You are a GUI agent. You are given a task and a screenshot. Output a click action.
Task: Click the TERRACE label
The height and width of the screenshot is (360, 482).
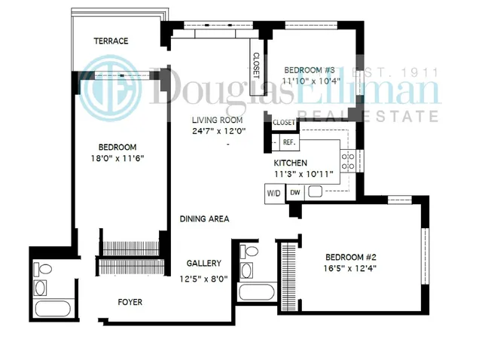click(x=111, y=41)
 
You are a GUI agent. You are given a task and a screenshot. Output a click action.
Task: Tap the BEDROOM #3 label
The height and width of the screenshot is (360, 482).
click(x=307, y=69)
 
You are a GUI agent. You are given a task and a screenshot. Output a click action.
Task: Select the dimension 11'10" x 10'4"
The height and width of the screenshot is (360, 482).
click(x=307, y=80)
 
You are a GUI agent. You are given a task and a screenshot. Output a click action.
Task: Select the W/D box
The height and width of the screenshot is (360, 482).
click(x=273, y=193)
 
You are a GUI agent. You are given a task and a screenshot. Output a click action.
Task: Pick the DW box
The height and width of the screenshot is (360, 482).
click(x=295, y=193)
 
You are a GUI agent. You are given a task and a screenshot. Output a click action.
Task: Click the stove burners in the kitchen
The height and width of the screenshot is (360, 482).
click(x=349, y=160)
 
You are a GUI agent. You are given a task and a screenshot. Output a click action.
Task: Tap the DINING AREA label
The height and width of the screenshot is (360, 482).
click(x=204, y=219)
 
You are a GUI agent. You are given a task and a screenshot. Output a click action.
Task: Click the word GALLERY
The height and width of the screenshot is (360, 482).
click(x=204, y=264)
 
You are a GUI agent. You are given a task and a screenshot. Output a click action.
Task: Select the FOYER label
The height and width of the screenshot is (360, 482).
click(x=130, y=302)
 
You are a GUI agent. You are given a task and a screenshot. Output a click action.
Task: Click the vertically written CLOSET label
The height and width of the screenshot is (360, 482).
click(x=256, y=66)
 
